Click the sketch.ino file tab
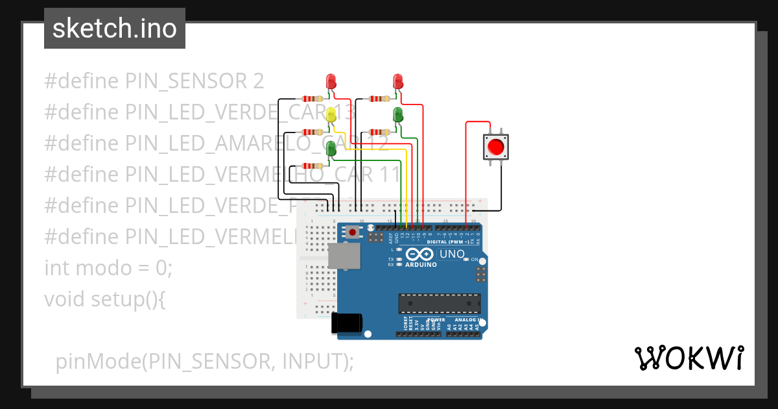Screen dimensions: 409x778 pos(115,29)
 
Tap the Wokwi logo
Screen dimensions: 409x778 pos(689,358)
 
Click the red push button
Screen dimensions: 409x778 pos(496,147)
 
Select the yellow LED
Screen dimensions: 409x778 pos(331,115)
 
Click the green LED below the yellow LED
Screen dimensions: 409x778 pos(331,148)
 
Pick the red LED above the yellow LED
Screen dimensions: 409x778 pos(331,81)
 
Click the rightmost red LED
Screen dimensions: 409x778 pos(398,81)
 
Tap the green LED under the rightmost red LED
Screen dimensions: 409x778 pos(398,116)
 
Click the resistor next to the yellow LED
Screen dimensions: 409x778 pos(312,132)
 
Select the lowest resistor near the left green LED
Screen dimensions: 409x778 pos(312,166)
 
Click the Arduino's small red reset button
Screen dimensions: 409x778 pos(352,231)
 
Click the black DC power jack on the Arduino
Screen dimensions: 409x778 pos(347,323)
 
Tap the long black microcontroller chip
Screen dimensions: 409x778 pos(440,303)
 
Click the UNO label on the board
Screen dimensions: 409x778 pos(452,254)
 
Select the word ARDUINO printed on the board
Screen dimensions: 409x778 pos(421,265)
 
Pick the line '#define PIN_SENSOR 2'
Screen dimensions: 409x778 pos(154,81)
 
